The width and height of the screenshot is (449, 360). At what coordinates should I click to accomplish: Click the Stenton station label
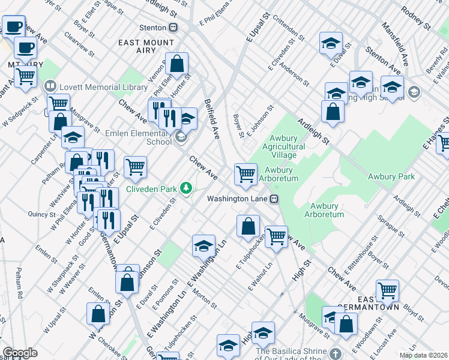[152, 28]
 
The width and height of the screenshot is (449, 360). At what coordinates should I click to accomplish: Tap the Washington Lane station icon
[274, 199]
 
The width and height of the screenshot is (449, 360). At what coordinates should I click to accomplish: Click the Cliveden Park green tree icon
[186, 189]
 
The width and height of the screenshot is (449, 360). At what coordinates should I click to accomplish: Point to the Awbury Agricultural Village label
[284, 146]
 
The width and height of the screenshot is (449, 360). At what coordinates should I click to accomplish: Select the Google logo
[20, 353]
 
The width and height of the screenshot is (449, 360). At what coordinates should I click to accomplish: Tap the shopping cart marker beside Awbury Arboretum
[246, 174]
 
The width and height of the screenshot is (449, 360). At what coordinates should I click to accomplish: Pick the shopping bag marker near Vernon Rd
[178, 63]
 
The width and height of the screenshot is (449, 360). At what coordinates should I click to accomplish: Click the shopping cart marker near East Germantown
[388, 291]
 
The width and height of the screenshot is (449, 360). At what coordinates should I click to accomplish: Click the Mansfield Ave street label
[400, 44]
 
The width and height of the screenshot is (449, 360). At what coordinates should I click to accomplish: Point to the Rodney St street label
[416, 19]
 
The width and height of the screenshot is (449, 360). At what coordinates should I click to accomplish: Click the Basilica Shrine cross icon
[336, 353]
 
